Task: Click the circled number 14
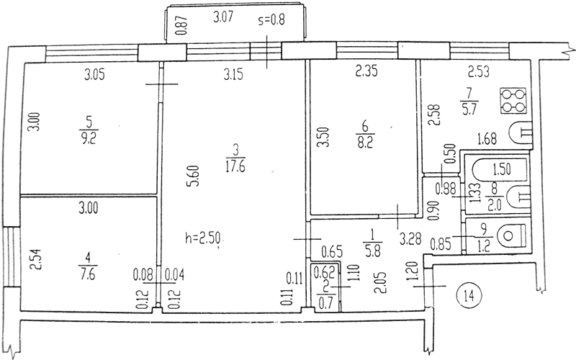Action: tap(469, 295)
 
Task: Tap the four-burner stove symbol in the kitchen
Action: tap(513, 101)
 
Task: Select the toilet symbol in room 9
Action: tap(513, 235)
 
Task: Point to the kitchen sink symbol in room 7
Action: tap(521, 132)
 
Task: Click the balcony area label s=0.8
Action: tap(271, 19)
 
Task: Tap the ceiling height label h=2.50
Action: tap(203, 239)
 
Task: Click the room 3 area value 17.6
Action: tap(235, 167)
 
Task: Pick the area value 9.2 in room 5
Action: tap(88, 139)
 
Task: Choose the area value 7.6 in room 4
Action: tap(88, 274)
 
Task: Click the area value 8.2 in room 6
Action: tap(364, 142)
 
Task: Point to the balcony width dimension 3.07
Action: tap(223, 17)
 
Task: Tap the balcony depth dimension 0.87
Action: tap(183, 26)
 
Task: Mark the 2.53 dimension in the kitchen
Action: tap(479, 71)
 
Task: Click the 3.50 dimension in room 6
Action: tap(323, 137)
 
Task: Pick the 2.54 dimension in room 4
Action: tap(35, 260)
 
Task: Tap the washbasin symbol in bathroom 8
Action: tap(518, 197)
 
